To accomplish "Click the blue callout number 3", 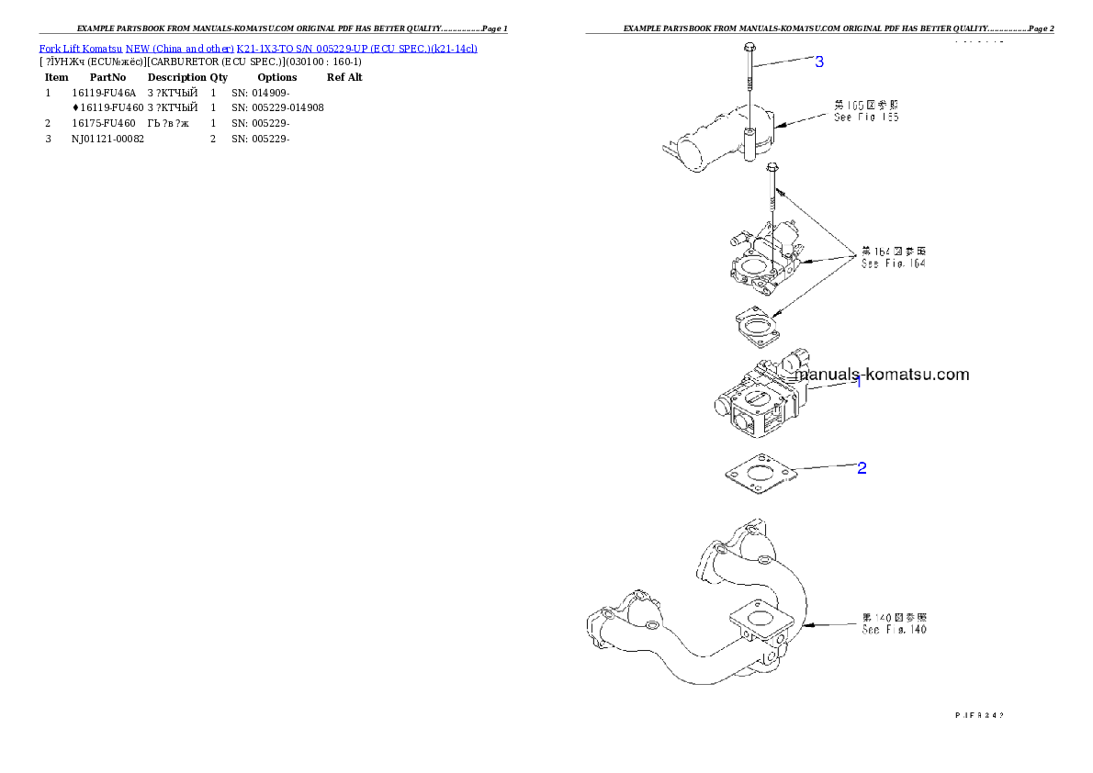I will point(819,62).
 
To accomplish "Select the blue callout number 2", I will point(862,467).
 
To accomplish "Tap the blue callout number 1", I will point(859,382).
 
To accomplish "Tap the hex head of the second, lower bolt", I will point(772,168).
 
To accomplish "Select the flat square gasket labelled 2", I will point(758,476).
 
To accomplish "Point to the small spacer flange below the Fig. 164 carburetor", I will point(757,328).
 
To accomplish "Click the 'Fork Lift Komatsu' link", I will point(81,48).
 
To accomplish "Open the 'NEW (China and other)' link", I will point(179,48).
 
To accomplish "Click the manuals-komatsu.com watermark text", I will point(882,375).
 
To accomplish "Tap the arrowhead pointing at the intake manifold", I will point(806,625).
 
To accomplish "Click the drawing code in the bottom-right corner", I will point(979,712).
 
